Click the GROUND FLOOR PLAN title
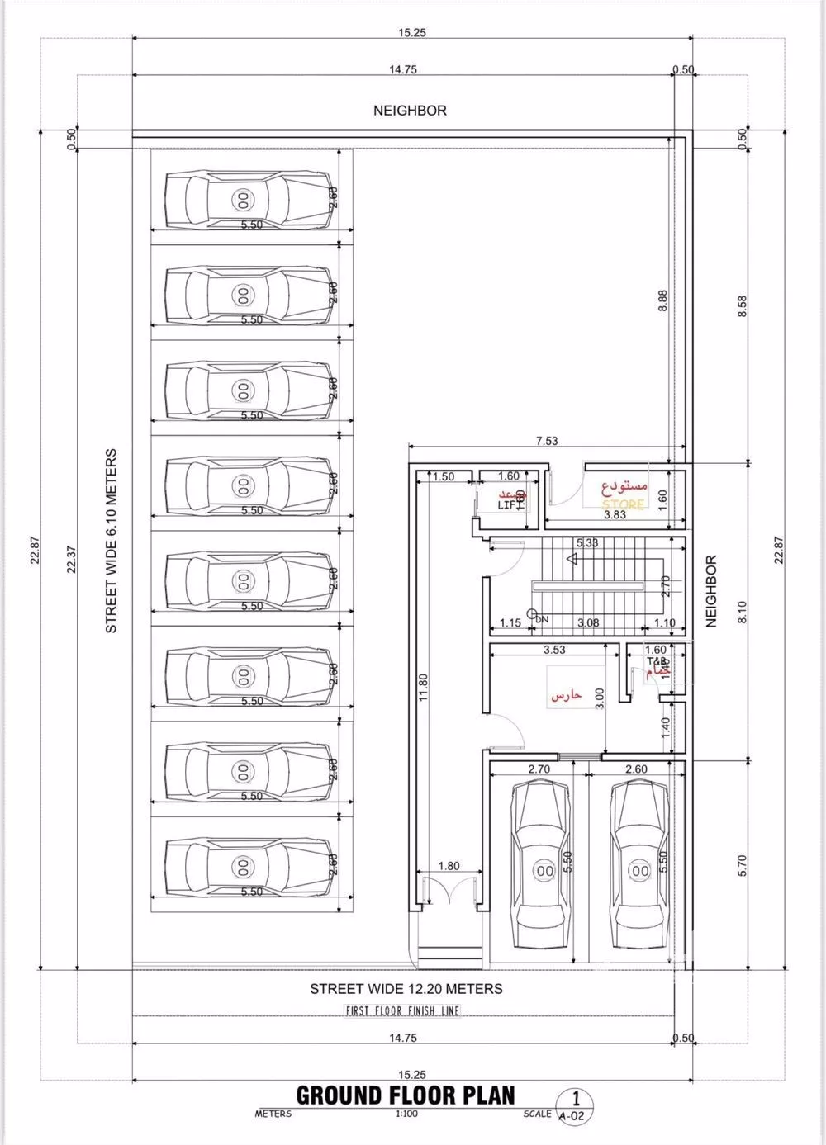[406, 1095]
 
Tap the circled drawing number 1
[577, 1099]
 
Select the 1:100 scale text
[406, 1114]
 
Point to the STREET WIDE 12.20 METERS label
[406, 988]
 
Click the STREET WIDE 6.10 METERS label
[112, 541]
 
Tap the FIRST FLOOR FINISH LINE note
[402, 1010]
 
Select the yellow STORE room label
[623, 504]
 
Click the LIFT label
[507, 504]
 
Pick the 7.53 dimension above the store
[547, 441]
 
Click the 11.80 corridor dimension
[423, 688]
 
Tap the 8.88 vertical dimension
[662, 300]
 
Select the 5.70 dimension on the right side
[742, 864]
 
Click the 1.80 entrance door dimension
[449, 866]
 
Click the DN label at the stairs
[542, 618]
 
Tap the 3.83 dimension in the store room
[615, 514]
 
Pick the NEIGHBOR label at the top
[410, 110]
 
